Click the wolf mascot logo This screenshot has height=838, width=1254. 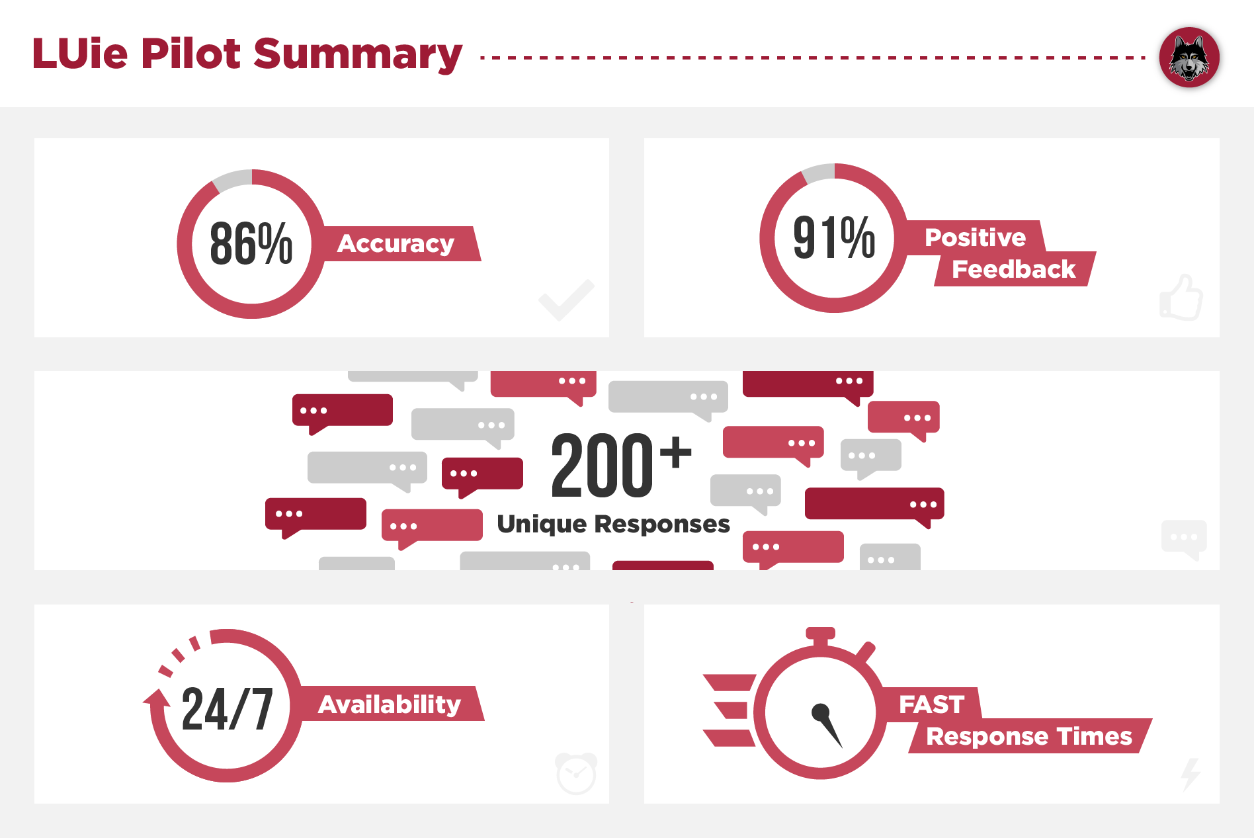click(1189, 58)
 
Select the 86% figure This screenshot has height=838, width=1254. click(251, 244)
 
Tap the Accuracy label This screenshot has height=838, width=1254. click(396, 243)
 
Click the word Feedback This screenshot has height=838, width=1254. click(1013, 269)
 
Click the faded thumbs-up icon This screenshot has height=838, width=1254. click(1182, 298)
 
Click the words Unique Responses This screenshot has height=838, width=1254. click(613, 524)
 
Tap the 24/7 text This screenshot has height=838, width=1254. click(227, 709)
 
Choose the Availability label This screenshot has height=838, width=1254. click(390, 704)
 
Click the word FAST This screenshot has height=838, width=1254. click(931, 704)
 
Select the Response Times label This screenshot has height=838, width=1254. click(1028, 736)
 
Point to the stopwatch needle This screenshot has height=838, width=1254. click(827, 725)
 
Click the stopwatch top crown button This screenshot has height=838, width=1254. click(820, 634)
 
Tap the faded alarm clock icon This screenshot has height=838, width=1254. click(576, 773)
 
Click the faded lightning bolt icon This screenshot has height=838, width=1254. click(1191, 774)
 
